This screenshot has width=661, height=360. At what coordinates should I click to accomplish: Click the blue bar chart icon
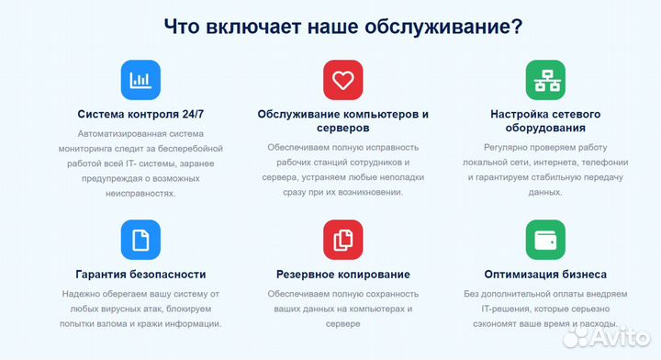point(140,81)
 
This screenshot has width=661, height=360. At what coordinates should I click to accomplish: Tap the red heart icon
point(342,81)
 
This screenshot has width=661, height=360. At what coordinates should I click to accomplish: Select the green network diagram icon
point(544,81)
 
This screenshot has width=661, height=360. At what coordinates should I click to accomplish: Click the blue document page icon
point(140,240)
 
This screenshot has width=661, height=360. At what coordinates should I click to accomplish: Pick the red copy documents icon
point(342,240)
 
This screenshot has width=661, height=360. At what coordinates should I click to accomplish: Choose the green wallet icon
point(544,240)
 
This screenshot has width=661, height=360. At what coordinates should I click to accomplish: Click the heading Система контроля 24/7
point(140,115)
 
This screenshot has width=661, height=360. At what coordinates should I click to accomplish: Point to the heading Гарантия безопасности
point(140,274)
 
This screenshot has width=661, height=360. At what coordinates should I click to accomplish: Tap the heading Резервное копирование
point(342,274)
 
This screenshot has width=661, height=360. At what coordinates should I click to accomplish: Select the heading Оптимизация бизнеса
point(544,274)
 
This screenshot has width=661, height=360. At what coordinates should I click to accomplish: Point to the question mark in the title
point(518,26)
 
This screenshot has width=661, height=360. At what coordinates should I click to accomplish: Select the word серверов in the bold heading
point(342,129)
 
